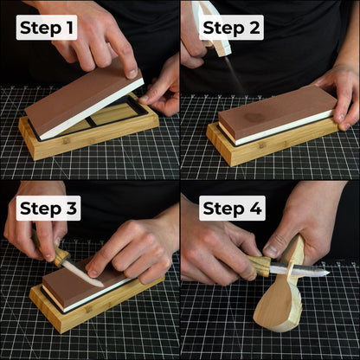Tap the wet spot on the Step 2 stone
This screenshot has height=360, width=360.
(255, 117)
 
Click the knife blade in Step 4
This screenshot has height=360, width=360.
(299, 272)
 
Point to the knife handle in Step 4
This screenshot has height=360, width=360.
(259, 265)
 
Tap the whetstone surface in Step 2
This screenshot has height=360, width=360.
(277, 108)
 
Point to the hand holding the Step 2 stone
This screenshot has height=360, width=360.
(342, 91)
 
